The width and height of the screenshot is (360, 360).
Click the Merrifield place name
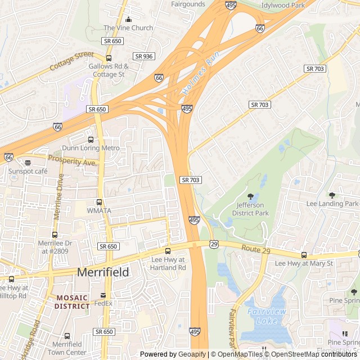coord(102,272)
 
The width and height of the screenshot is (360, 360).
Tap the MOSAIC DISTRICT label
coord(72,302)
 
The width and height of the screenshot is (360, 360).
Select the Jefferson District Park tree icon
coord(250,196)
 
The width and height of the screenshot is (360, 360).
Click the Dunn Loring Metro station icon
coord(91,139)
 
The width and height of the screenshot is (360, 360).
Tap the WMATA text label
coord(99,210)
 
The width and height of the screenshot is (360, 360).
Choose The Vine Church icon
coord(128,20)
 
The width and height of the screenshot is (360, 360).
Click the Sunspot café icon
coord(28,163)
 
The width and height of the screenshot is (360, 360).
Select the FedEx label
coord(103,304)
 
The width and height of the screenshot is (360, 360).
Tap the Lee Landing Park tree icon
coord(332,195)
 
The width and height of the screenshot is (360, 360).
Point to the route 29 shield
coord(213,244)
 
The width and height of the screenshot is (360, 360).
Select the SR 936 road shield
coord(144,56)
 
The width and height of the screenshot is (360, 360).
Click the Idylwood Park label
coord(282,5)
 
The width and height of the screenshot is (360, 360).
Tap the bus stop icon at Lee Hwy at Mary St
coord(304,255)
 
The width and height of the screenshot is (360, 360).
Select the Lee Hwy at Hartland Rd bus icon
coord(168,251)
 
